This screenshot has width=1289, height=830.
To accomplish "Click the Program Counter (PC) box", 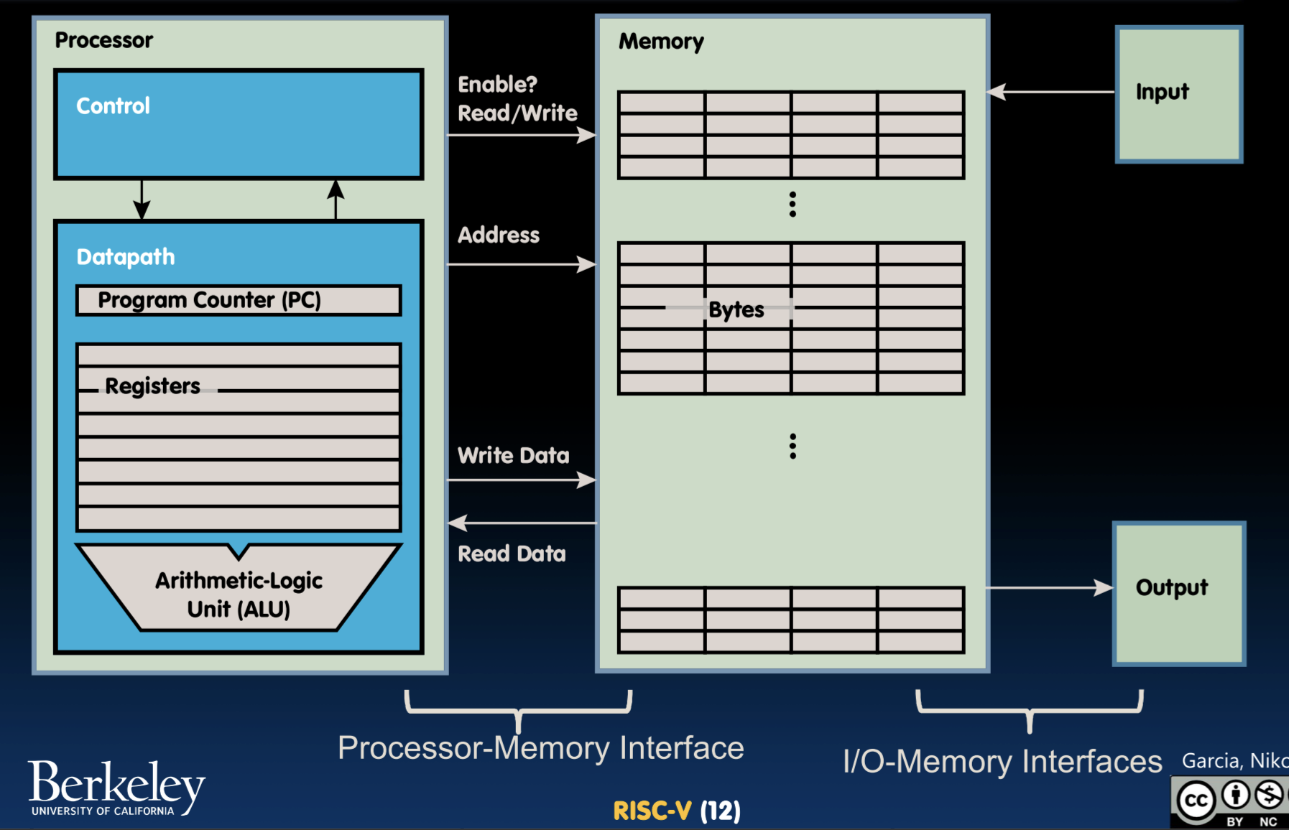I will click(x=238, y=300).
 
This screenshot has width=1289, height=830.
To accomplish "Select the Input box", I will click(x=1178, y=94).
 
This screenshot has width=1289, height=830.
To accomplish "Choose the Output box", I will click(x=1178, y=593).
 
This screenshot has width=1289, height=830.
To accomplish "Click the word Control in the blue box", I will click(x=114, y=106).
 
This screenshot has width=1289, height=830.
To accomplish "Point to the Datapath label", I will click(x=126, y=257).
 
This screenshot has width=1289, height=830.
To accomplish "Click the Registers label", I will click(x=152, y=386).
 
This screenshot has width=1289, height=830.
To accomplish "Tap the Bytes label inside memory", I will click(x=736, y=309).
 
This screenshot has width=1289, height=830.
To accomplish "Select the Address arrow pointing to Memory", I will click(x=521, y=264).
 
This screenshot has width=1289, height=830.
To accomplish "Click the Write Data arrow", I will click(x=521, y=480).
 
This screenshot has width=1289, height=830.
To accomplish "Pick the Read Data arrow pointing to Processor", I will click(x=521, y=523).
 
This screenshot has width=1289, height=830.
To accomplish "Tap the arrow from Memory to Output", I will click(x=1049, y=588).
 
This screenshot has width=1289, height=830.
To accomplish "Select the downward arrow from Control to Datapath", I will click(x=142, y=200).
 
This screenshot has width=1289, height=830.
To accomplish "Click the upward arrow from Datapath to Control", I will click(x=336, y=199).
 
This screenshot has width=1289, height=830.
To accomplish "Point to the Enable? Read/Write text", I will click(x=517, y=99).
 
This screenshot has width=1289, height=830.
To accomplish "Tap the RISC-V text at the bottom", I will click(x=652, y=811).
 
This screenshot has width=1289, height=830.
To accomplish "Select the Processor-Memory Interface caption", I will click(x=540, y=748).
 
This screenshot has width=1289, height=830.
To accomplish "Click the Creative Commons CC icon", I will click(x=1196, y=800).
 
